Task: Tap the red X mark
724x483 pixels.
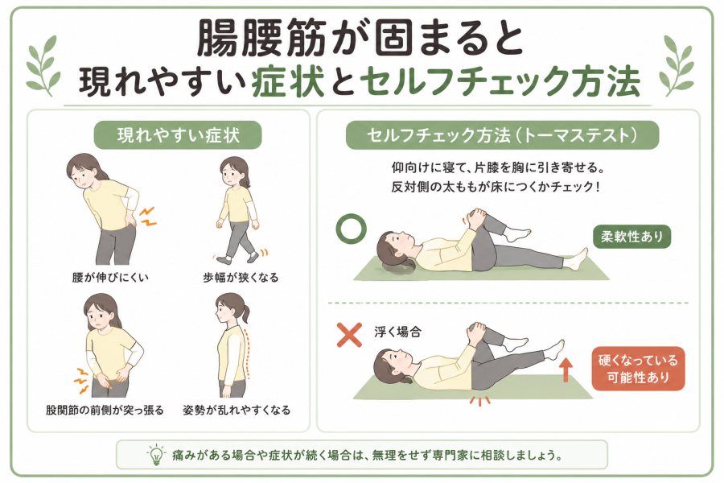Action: [350, 335]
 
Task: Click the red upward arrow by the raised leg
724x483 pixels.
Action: [566, 371]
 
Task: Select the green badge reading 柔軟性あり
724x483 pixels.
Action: [631, 237]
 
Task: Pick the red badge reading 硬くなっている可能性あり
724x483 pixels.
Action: [638, 369]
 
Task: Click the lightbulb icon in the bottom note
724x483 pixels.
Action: [156, 454]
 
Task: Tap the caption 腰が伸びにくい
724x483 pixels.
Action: [110, 277]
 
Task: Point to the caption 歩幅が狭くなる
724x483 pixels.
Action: [241, 277]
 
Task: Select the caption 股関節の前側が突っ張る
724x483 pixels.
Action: [105, 410]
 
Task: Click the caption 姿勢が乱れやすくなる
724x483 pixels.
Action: [237, 410]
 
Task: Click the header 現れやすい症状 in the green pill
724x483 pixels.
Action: [178, 135]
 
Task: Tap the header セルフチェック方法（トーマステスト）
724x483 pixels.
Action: [502, 135]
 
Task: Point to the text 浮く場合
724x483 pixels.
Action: [397, 332]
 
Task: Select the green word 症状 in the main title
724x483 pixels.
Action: [288, 82]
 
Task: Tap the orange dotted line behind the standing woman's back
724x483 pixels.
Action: [249, 353]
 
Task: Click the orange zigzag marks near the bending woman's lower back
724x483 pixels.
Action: [148, 217]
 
